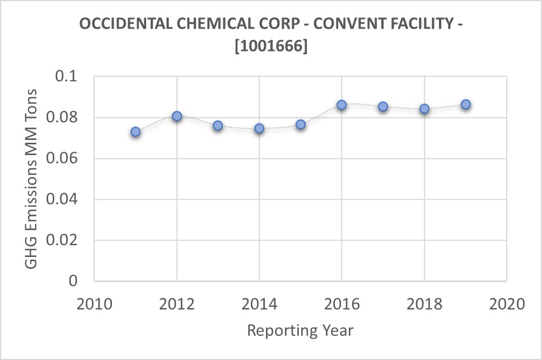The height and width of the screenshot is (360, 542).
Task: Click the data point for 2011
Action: (x=135, y=132)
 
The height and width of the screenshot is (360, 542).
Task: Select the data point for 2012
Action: (x=177, y=116)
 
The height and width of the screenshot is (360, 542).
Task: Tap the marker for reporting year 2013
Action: (x=218, y=125)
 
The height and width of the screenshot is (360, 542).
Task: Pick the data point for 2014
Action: (x=259, y=128)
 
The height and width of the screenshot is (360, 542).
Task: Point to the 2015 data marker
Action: (x=301, y=124)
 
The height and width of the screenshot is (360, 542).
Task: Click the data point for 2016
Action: (x=342, y=105)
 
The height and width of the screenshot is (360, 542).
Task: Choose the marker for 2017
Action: (x=383, y=106)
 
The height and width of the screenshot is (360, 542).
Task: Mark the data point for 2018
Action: (x=424, y=109)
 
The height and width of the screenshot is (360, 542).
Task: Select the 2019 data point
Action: (x=465, y=104)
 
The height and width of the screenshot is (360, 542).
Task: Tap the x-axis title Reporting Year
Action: (x=300, y=330)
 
